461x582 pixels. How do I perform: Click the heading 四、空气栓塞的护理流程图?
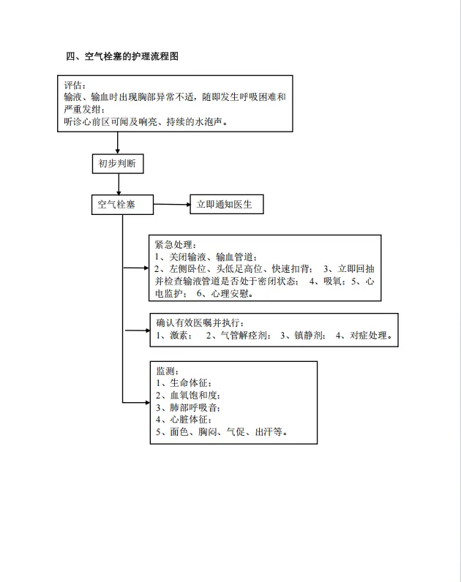122,56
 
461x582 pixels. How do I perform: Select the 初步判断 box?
118,164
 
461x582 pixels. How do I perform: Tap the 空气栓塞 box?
122,205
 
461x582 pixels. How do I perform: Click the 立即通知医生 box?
227,204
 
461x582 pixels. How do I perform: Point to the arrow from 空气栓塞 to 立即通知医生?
172,204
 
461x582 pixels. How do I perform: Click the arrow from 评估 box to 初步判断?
117,143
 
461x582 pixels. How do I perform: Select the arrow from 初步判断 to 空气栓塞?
119,184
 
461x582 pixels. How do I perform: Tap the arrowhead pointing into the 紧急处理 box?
146,268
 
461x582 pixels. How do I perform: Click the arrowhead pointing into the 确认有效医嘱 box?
148,330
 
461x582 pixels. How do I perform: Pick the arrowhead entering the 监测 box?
148,402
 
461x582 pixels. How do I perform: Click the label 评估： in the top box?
75,85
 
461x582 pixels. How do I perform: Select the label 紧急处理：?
176,245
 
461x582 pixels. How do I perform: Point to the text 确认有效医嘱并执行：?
200,323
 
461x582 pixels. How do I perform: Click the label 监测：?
168,371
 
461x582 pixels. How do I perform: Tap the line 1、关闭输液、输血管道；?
206,257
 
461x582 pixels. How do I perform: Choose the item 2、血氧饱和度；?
188,396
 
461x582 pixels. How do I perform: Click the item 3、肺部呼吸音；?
188,407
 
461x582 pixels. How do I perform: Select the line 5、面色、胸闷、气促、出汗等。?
222,431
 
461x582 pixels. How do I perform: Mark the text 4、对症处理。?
364,336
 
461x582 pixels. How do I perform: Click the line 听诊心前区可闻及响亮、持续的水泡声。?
146,121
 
